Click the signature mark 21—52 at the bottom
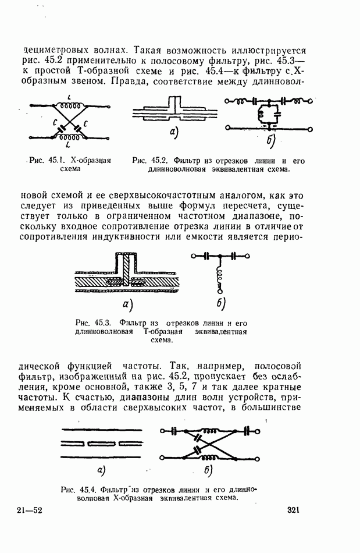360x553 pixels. pos(29,511)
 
